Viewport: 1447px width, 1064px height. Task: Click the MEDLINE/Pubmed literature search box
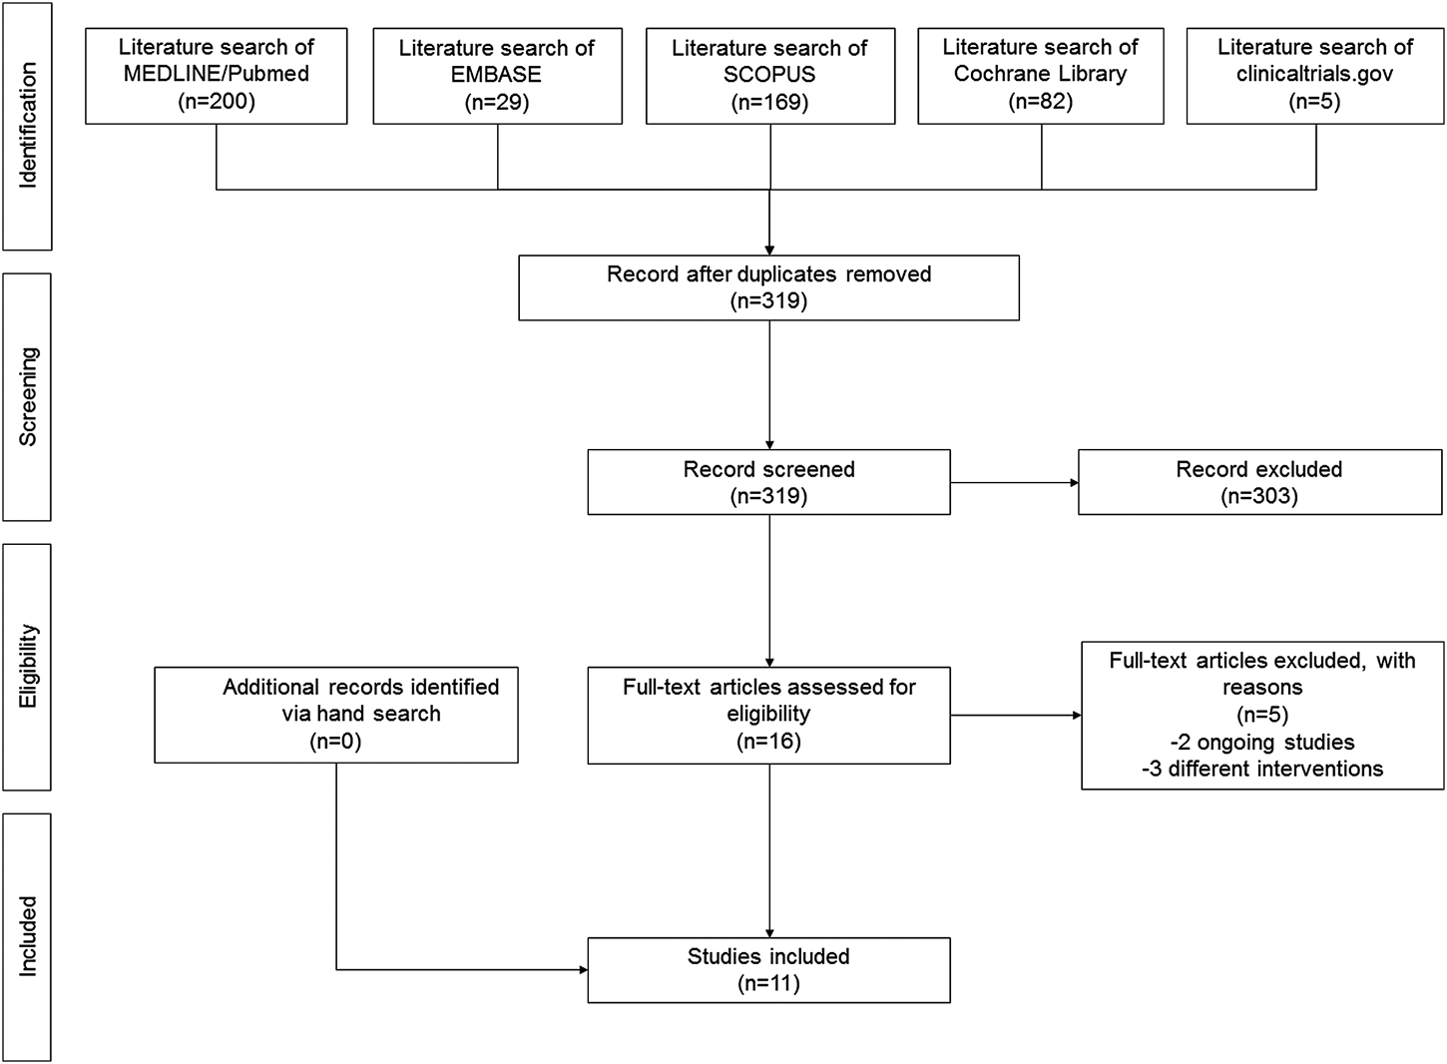(217, 76)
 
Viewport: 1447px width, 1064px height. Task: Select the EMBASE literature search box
(497, 76)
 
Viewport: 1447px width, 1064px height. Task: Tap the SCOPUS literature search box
(769, 76)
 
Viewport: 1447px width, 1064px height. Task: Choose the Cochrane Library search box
(1040, 76)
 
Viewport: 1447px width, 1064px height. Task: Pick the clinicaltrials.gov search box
(1314, 76)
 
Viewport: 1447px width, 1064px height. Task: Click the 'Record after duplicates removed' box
(768, 287)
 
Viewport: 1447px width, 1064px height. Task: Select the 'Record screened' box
(768, 482)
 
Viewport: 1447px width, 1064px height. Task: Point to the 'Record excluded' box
(1259, 482)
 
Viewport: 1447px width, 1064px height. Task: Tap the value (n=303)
(1259, 496)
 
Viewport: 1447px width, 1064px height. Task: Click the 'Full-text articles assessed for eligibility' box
(768, 715)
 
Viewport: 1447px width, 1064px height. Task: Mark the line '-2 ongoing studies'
(1261, 742)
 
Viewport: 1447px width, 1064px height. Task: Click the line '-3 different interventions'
(1261, 769)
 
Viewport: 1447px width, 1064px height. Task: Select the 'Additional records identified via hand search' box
(336, 715)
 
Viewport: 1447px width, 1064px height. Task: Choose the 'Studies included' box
(768, 969)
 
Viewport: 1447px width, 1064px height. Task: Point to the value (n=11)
(768, 983)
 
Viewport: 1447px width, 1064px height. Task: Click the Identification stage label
(27, 125)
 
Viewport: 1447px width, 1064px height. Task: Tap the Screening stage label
(27, 396)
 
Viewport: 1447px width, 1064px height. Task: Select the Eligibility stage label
(27, 667)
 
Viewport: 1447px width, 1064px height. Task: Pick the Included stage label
(27, 936)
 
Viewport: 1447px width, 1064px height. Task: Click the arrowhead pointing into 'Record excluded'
(1074, 483)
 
